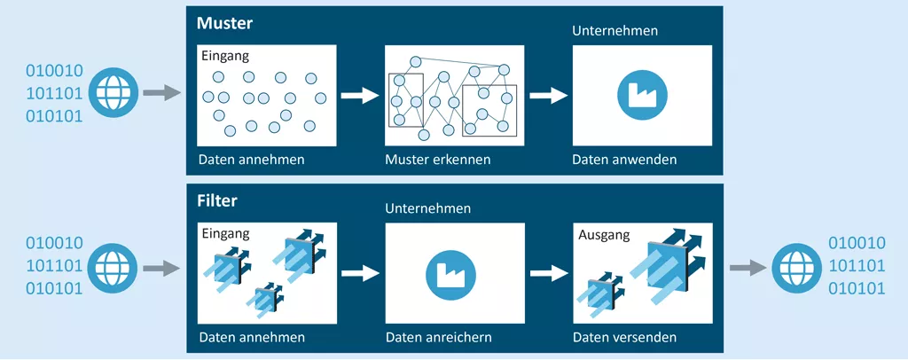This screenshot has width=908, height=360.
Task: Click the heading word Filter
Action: (x=216, y=200)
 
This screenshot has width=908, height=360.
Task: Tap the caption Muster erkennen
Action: (x=438, y=160)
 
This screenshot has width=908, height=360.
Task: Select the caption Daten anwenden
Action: (x=624, y=160)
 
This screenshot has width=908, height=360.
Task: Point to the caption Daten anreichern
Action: (x=438, y=338)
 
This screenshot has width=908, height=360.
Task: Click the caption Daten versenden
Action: (x=624, y=338)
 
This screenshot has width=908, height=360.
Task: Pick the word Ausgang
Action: (x=604, y=236)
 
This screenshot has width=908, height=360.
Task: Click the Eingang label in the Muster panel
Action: (x=225, y=56)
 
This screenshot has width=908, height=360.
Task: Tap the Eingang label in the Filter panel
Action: (x=225, y=233)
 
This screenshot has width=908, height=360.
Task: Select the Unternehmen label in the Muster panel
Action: (x=614, y=30)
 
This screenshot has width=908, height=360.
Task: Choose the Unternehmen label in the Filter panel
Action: (x=427, y=208)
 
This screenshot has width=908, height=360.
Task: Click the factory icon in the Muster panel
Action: (x=642, y=95)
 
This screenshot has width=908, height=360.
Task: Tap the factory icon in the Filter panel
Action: (x=455, y=273)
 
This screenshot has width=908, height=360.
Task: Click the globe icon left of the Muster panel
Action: (x=113, y=91)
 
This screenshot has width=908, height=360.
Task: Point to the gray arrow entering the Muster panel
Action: (x=160, y=91)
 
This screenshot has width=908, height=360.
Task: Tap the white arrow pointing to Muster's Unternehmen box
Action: (x=547, y=95)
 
